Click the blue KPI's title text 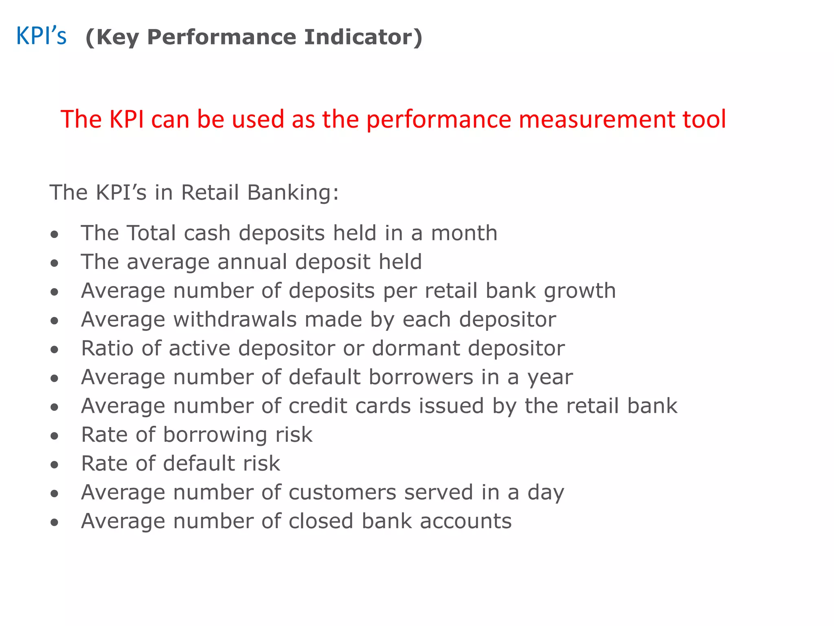click(x=41, y=36)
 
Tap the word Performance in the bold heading click(x=222, y=37)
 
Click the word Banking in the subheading click(x=293, y=193)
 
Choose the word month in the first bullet click(x=464, y=233)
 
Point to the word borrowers click(x=421, y=377)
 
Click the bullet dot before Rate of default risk click(x=55, y=465)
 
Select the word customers click(x=342, y=492)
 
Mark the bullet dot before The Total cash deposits click(x=55, y=235)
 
